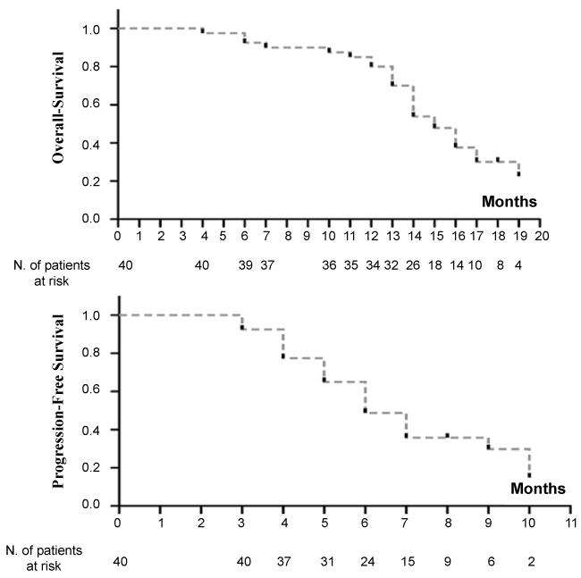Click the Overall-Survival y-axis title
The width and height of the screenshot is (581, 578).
click(x=62, y=115)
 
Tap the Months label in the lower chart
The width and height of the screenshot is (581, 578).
click(x=538, y=488)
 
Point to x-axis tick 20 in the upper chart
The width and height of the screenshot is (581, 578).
click(x=541, y=236)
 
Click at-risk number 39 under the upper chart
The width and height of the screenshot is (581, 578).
click(x=245, y=264)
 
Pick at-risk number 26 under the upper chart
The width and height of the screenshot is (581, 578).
click(x=413, y=264)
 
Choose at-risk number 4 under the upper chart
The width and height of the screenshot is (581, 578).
click(x=518, y=264)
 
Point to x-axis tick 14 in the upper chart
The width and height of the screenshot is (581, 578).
click(x=413, y=236)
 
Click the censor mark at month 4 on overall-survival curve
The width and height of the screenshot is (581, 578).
click(x=202, y=30)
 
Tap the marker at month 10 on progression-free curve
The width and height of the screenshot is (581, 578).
click(x=529, y=474)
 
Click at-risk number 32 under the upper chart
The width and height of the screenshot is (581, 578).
click(x=392, y=264)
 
